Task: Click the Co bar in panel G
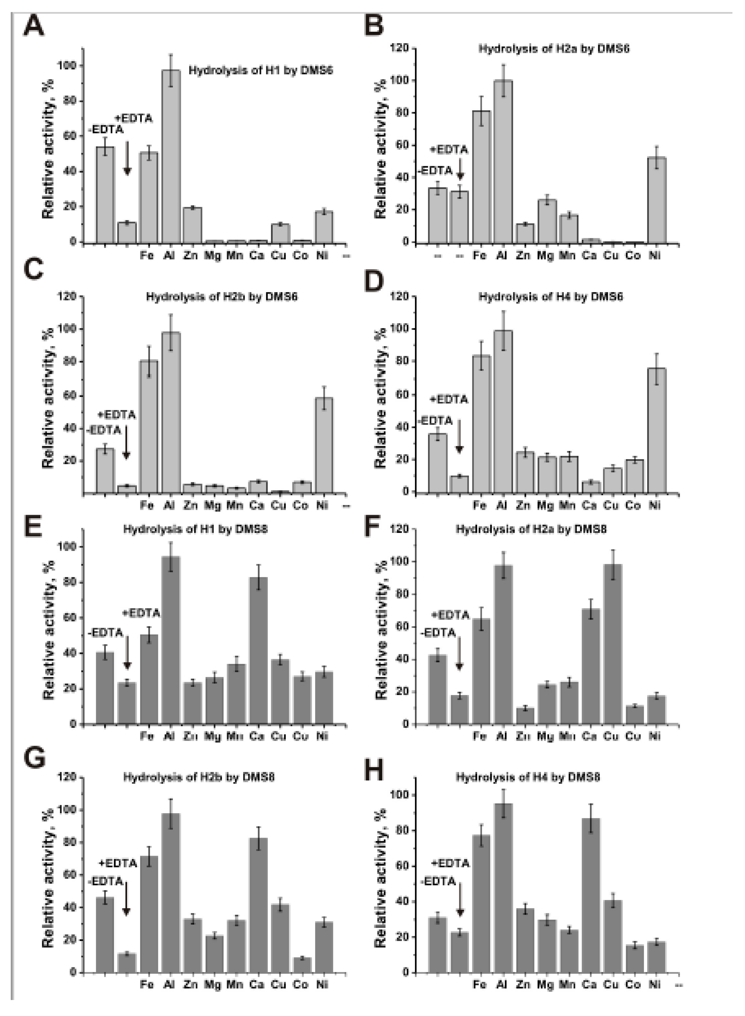(302, 965)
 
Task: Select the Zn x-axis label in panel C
(190, 506)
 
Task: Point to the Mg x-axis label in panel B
(545, 256)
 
